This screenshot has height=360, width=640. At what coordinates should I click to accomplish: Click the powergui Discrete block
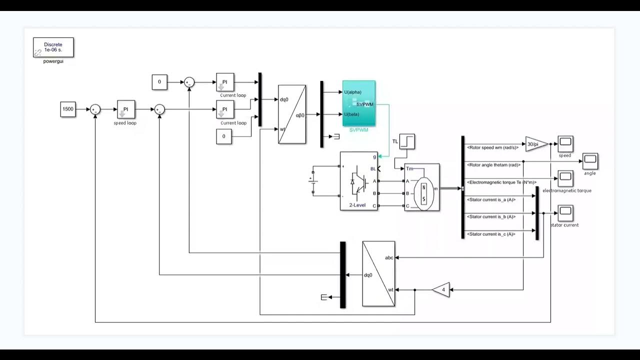click(x=53, y=47)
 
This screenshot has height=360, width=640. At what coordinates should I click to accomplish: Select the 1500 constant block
click(x=68, y=109)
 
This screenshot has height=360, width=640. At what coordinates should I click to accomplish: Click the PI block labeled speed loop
click(x=126, y=109)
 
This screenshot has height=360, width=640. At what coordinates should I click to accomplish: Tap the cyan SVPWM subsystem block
click(x=358, y=103)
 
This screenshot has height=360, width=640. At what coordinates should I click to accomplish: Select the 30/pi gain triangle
click(x=536, y=144)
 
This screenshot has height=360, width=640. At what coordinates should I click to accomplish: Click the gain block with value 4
click(x=441, y=289)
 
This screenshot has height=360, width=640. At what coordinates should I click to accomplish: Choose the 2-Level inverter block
click(x=358, y=181)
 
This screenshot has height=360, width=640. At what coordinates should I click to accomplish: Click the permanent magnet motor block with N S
click(x=422, y=187)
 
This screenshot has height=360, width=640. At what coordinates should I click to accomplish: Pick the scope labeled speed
click(x=565, y=144)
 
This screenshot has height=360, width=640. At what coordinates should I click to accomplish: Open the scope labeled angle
click(x=590, y=161)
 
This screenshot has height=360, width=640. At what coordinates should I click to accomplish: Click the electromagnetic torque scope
click(x=565, y=178)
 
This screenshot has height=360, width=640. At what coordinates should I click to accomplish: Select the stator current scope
click(x=565, y=212)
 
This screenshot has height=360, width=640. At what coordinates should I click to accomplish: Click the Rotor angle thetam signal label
click(x=493, y=164)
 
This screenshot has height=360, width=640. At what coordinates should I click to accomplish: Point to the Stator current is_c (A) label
click(x=490, y=234)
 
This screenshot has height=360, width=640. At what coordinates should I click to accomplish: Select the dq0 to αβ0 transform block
click(x=292, y=114)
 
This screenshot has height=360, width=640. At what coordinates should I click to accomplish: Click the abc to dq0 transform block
click(x=378, y=273)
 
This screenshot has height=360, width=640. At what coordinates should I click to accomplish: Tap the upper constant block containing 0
click(x=159, y=81)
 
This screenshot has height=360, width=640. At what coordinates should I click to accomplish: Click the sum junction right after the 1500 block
click(x=95, y=109)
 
